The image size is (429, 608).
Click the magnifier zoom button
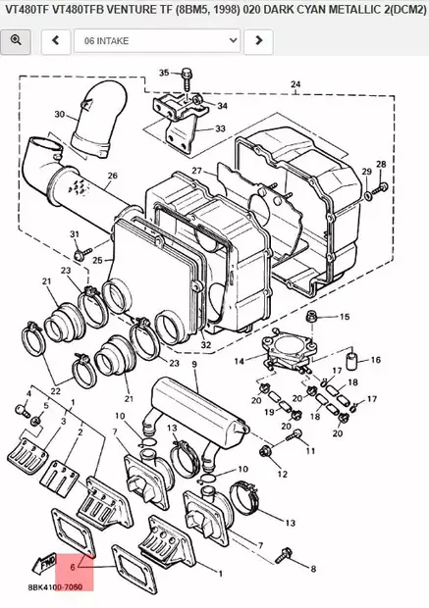pos(16,41)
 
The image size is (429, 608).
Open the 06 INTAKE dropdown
pos(157,41)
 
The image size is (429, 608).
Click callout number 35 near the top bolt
pos(164,73)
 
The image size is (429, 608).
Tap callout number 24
pos(295,84)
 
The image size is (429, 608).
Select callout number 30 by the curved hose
pos(60,114)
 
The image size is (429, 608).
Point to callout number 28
pos(381,164)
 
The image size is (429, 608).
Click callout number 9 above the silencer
pos(194,364)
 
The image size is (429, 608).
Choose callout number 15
pos(345,317)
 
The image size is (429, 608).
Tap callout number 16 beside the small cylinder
pos(375,360)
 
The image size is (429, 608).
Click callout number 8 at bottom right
pos(313,569)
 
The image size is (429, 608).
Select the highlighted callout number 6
pos(73,567)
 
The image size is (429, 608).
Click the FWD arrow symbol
pos(44,563)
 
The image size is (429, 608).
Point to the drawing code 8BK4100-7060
pos(55,587)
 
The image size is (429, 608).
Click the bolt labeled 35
pos(187,79)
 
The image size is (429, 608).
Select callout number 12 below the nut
pos(283,474)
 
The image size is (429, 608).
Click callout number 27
pos(197,171)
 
